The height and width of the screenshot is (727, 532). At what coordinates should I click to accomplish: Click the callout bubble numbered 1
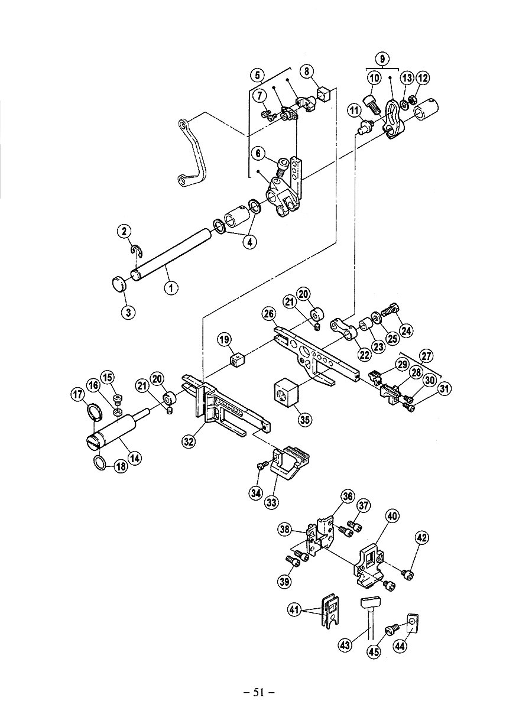[x=171, y=288]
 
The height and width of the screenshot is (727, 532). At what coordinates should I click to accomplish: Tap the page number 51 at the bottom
[x=259, y=692]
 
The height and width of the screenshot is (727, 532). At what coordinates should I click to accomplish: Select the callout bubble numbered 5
[x=257, y=75]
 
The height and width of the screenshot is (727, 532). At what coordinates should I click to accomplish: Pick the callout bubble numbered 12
[x=423, y=77]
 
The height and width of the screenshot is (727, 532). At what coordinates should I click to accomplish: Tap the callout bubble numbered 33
[x=271, y=502]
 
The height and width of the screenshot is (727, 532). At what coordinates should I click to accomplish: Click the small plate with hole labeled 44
[x=412, y=622]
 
